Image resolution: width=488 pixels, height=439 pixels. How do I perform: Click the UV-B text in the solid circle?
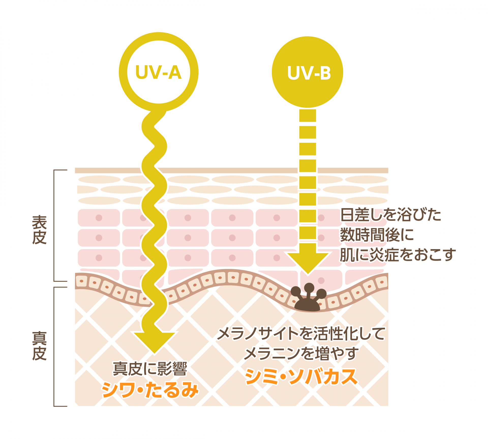[x=309, y=73]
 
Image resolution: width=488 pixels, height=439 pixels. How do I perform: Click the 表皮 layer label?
[x=39, y=230]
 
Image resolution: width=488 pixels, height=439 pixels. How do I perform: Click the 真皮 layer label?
[x=39, y=346]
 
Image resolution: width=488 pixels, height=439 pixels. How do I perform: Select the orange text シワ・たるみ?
[x=150, y=390]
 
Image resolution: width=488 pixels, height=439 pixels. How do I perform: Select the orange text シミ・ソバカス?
[x=301, y=376]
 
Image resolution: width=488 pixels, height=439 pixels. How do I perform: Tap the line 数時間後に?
[x=377, y=235]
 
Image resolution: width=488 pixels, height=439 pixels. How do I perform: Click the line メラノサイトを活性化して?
[x=301, y=334]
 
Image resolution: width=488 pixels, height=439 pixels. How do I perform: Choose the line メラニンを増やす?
[x=301, y=353]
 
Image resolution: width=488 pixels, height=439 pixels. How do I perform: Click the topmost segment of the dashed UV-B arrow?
[x=308, y=116]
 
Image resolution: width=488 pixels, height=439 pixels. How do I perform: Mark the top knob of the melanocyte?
[x=309, y=288]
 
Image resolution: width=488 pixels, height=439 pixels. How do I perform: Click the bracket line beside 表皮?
[x=54, y=225]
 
